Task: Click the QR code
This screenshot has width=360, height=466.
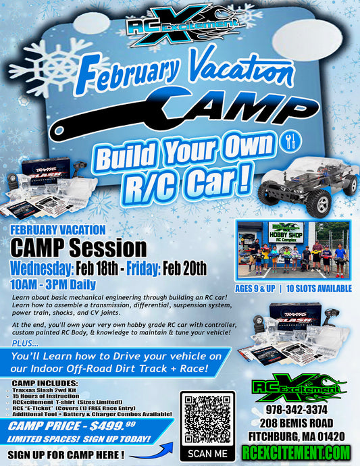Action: pos(207,417)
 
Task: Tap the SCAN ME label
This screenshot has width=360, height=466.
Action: pos(207,454)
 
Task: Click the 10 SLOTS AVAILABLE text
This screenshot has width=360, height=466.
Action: pos(319,288)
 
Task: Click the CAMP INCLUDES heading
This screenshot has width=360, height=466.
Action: pos(43,384)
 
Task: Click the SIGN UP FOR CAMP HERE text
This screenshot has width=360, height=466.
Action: pos(66,453)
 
